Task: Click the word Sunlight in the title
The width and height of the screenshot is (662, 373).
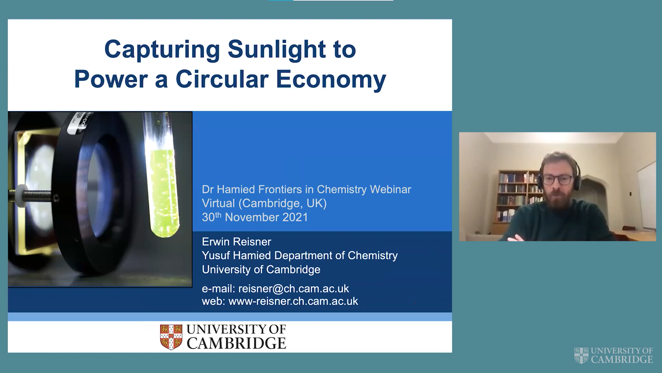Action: [277, 50]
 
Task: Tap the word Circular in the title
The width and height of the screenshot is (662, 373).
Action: [222, 79]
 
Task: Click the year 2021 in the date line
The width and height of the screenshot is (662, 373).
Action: [295, 217]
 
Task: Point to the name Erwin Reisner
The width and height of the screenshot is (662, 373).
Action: [237, 242]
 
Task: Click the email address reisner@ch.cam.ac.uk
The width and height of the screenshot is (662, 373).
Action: [293, 288]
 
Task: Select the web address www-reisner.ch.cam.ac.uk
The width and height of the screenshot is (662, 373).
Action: [293, 301]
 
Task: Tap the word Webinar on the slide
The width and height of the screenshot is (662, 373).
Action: [390, 189]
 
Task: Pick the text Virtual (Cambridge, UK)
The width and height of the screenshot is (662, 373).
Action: [264, 203]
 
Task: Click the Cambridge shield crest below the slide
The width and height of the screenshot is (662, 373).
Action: [171, 337]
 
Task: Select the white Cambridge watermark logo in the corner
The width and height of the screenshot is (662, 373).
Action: [614, 355]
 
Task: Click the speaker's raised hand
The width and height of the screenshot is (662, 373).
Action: [515, 238]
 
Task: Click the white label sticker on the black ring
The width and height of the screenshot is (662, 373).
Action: [76, 124]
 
